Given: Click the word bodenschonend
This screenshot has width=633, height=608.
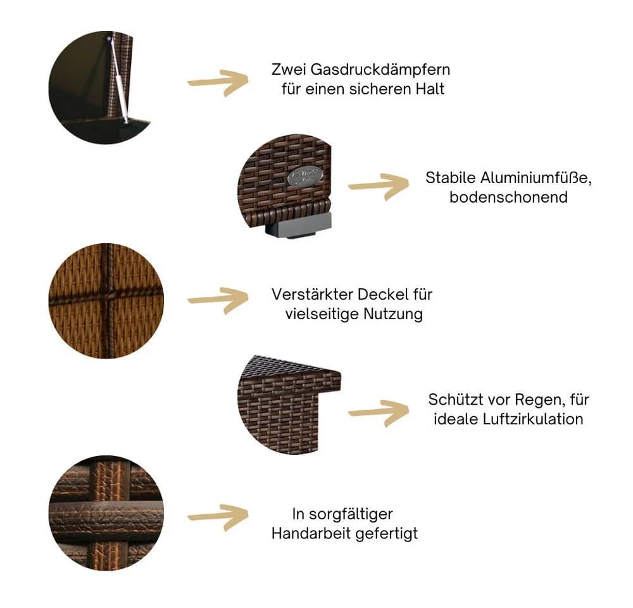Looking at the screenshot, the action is pyautogui.click(x=509, y=197).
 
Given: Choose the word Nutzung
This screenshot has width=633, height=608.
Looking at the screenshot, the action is pyautogui.click(x=393, y=314).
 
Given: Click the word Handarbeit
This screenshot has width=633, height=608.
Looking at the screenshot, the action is pyautogui.click(x=310, y=533).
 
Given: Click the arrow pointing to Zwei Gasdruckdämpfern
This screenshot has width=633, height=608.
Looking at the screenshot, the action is pyautogui.click(x=218, y=82).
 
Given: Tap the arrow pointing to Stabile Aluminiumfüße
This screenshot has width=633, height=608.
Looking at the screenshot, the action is pyautogui.click(x=379, y=186).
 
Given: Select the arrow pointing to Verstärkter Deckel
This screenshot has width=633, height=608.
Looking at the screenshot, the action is pyautogui.click(x=218, y=300).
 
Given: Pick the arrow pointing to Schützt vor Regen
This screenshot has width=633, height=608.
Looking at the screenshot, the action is pyautogui.click(x=379, y=412).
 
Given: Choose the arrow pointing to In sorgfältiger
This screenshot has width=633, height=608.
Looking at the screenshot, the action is pyautogui.click(x=218, y=517).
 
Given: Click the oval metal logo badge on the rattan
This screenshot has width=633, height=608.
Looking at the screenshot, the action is pyautogui.click(x=306, y=177).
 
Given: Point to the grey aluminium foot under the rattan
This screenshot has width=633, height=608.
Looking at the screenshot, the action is pyautogui.click(x=298, y=226).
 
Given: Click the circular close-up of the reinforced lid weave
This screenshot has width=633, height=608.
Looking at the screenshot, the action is pyautogui.click(x=106, y=301).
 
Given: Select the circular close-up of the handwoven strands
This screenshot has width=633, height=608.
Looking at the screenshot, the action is pyautogui.click(x=106, y=513).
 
